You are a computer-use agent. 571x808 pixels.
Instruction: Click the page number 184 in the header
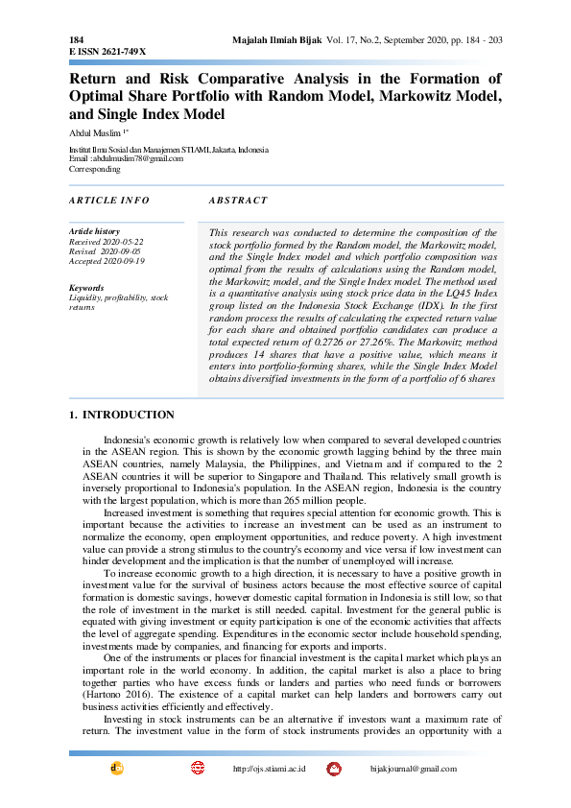(x=76, y=39)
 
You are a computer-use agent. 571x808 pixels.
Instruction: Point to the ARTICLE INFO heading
(x=110, y=201)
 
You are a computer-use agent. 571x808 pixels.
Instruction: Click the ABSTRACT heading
(x=238, y=201)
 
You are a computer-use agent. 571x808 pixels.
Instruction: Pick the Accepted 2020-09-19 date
(x=107, y=261)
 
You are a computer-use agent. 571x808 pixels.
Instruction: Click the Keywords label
(x=87, y=288)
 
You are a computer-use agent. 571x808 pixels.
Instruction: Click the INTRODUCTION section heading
(x=129, y=416)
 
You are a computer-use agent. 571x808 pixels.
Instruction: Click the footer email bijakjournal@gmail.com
(x=413, y=770)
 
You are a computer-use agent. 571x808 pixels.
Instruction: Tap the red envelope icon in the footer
(x=334, y=769)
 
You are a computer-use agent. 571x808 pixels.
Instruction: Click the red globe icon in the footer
(x=198, y=769)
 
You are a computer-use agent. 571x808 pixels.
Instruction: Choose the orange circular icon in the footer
(x=117, y=769)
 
